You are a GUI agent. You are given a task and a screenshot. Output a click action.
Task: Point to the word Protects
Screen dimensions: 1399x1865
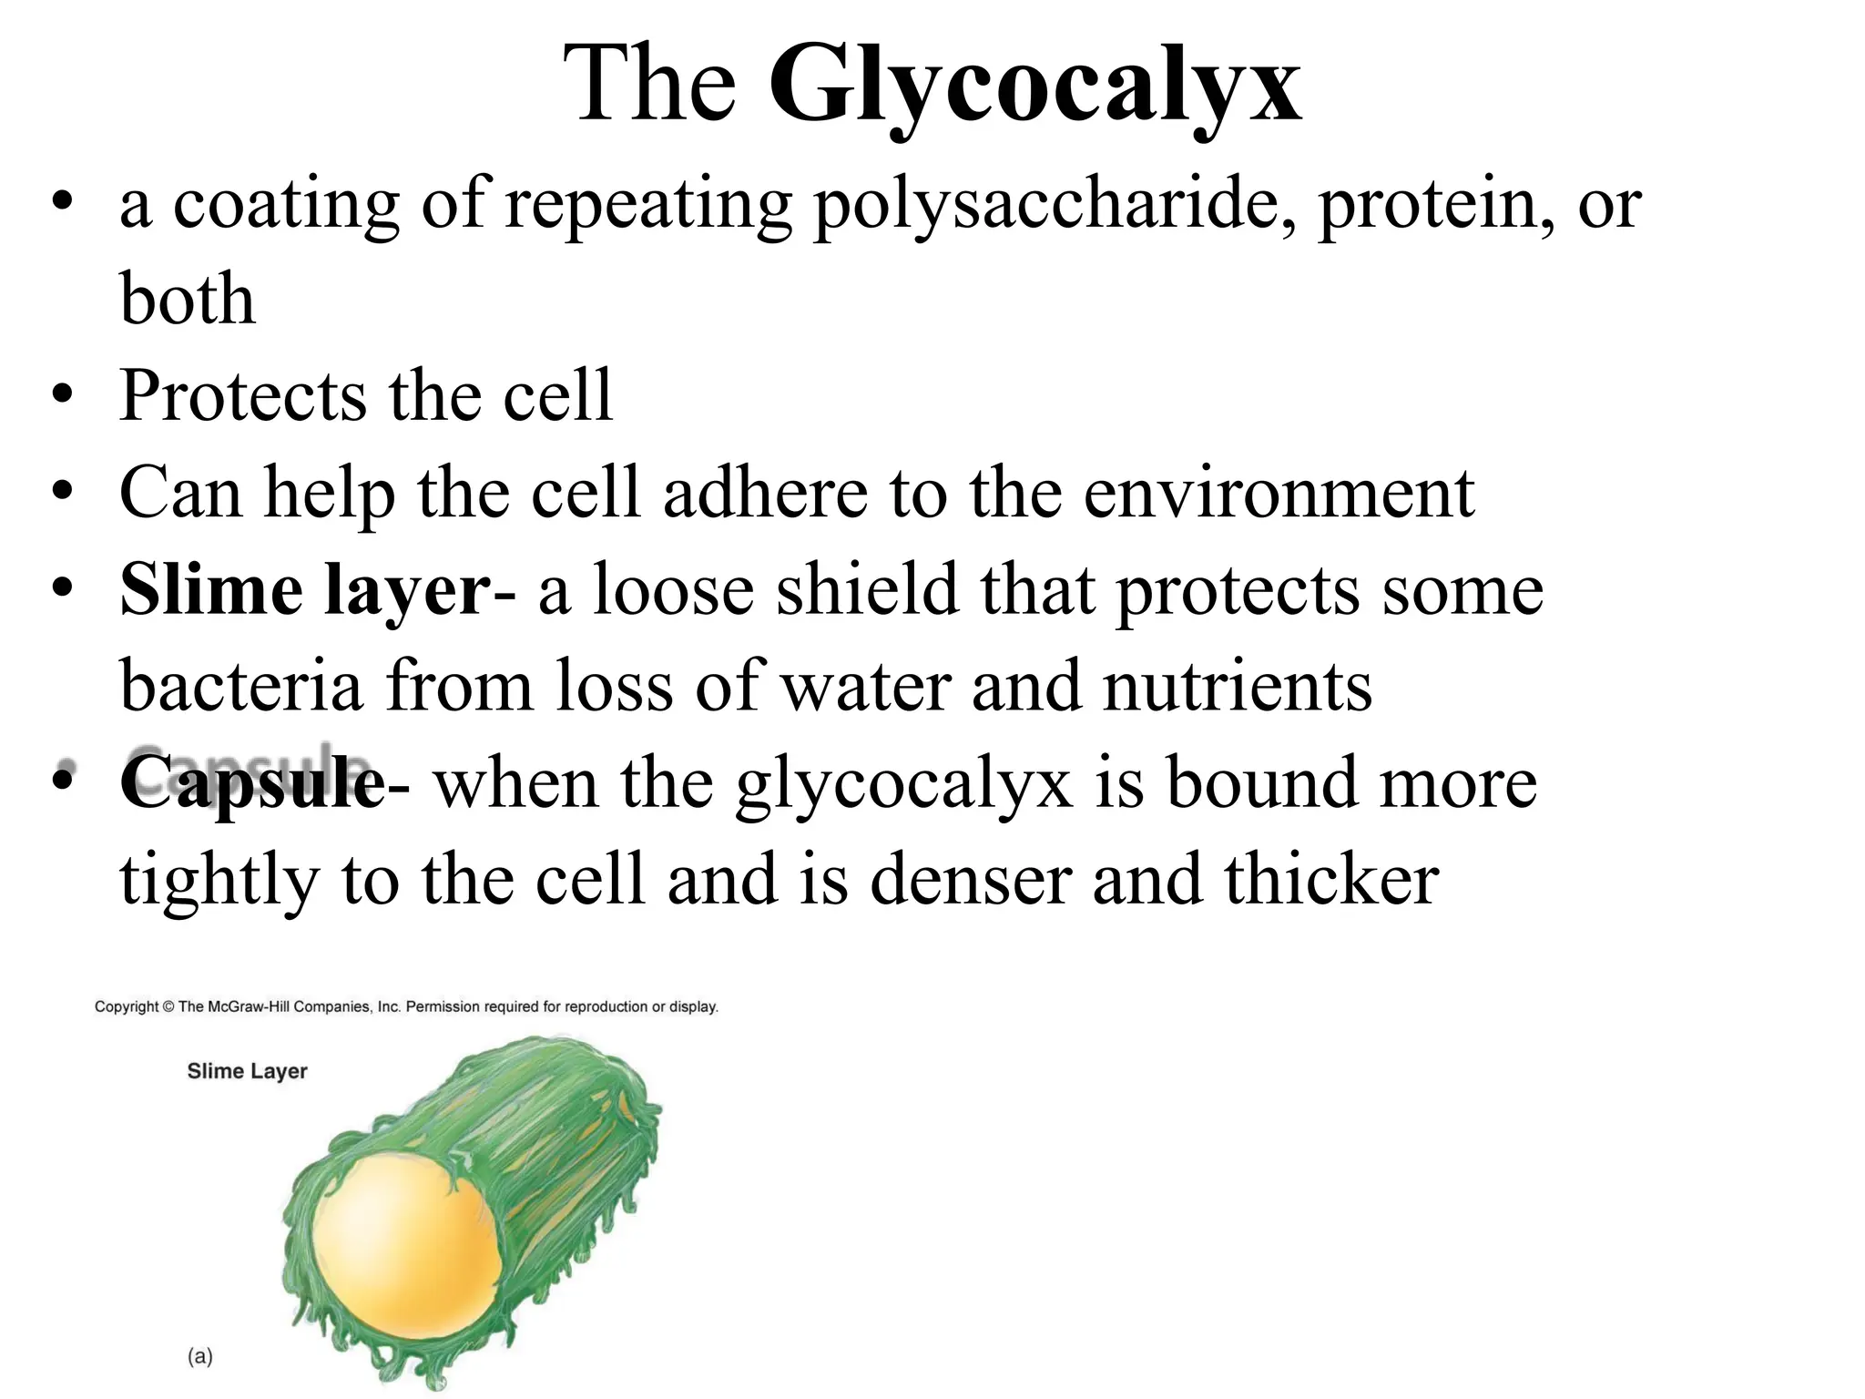tap(242, 396)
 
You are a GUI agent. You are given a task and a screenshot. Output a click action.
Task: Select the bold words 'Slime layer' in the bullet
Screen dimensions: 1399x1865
tap(305, 590)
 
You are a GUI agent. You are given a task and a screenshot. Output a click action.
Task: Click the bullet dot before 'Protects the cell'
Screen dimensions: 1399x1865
tap(61, 397)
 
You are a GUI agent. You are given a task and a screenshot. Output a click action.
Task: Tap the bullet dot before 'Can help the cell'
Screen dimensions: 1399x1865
tap(61, 494)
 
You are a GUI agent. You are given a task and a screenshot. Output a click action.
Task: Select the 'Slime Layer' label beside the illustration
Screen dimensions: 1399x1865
tap(247, 1071)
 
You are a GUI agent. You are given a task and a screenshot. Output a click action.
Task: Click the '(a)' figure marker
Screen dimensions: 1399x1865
tap(199, 1356)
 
